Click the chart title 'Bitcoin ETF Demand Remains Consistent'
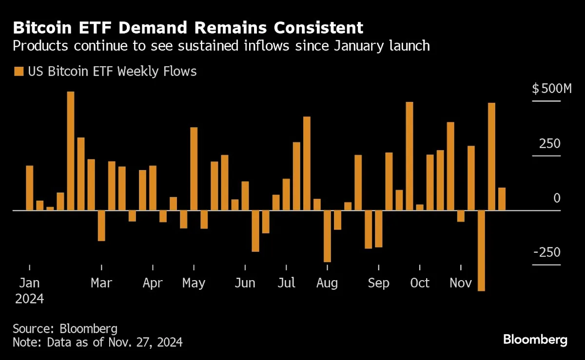(188, 27)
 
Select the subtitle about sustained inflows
(221, 46)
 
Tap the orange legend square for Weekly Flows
(19, 72)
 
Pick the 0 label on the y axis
(557, 198)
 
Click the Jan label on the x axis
(30, 283)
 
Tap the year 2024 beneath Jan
(30, 298)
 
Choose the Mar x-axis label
(101, 283)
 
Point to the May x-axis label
(194, 284)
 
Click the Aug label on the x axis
(327, 283)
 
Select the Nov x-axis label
(461, 283)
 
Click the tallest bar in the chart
(71, 151)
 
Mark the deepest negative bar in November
(481, 250)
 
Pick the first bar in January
(30, 188)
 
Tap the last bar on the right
(502, 199)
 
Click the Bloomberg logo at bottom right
(535, 339)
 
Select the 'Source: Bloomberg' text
(65, 328)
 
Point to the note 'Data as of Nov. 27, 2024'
(97, 342)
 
